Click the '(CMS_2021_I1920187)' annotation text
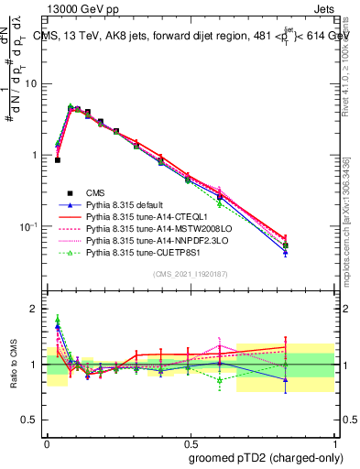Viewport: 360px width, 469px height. click(190, 273)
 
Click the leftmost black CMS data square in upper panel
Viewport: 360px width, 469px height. click(57, 159)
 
